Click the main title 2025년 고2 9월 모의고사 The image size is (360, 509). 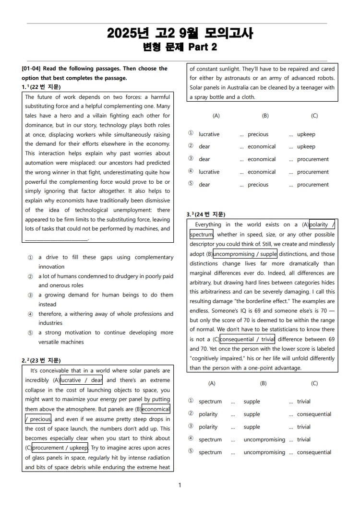point(180,33)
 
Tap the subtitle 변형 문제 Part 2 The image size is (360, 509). point(180,47)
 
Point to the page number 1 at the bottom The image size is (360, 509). point(180,485)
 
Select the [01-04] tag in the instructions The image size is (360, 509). point(31,69)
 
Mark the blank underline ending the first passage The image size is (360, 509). point(57,238)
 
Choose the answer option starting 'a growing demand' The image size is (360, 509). point(106,295)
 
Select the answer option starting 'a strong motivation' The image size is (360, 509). point(106,332)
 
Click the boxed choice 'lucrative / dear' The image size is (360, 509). point(81,380)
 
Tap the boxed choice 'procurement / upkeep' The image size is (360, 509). point(60,448)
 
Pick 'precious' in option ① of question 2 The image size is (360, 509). point(258,134)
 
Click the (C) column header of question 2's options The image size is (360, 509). point(314,116)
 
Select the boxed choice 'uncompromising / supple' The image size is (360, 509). point(245,254)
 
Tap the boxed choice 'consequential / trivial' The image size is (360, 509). point(248,339)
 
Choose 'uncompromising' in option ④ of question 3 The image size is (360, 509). point(264,439)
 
